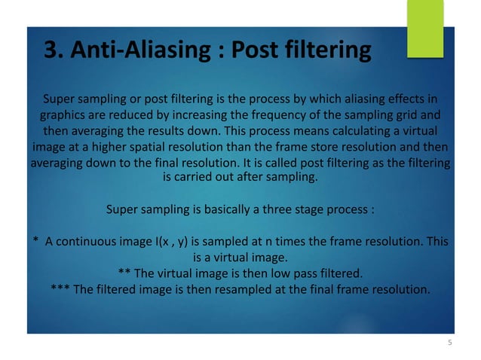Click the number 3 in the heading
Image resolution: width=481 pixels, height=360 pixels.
pos(51,51)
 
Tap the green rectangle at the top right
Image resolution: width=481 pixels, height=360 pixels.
pos(425,28)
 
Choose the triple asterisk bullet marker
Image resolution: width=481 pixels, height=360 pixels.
pos(61,288)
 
